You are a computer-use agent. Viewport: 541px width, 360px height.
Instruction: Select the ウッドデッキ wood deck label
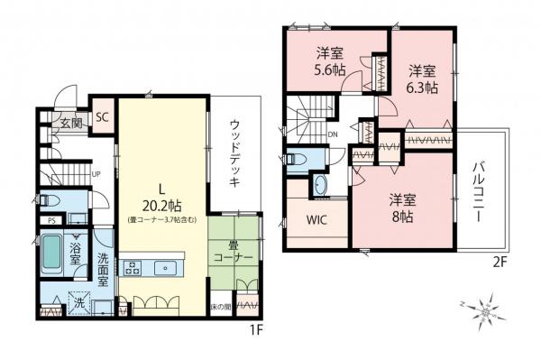point(234,152)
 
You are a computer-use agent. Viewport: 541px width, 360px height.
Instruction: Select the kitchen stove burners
point(132,267)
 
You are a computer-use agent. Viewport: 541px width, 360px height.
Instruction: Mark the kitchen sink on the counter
point(166,267)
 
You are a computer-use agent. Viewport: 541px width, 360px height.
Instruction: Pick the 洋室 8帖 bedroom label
point(403,208)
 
